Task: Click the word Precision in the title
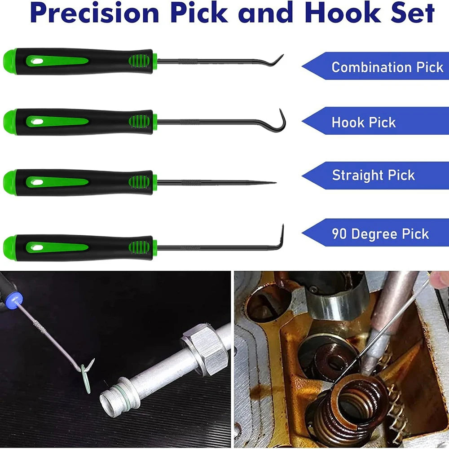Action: click(94, 13)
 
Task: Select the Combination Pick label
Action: click(387, 67)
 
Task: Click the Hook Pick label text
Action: click(364, 122)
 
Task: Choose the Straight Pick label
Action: click(374, 175)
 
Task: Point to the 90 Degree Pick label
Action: click(380, 233)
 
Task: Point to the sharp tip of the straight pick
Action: click(276, 182)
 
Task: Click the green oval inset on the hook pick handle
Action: click(57, 121)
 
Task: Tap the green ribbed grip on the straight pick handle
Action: click(139, 182)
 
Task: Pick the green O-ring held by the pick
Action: click(85, 379)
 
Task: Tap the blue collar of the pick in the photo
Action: click(14, 299)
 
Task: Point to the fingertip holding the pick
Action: click(440, 279)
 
